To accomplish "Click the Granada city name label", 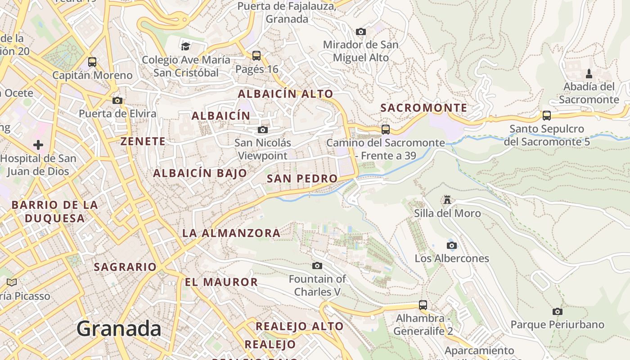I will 119,329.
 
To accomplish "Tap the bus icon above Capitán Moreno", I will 92,62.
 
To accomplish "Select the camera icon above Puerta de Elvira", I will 117,100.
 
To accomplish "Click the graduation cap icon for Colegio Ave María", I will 185,46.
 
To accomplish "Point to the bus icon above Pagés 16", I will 256,56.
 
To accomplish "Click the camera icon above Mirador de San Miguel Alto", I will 360,31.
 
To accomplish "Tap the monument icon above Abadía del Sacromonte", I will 589,74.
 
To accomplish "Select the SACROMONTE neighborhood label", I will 423,108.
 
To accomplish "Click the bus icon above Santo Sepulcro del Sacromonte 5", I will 546,116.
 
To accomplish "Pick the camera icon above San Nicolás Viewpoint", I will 263,130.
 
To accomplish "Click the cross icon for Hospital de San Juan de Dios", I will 38,145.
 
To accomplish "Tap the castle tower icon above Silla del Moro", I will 447,199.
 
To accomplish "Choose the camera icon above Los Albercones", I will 452,245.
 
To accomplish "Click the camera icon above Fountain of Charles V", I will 317,265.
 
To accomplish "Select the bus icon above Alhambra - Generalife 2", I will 423,305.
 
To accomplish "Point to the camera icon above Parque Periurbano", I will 557,311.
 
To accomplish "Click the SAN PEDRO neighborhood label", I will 302,179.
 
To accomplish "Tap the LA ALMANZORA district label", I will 231,233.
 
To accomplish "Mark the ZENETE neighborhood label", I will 143,141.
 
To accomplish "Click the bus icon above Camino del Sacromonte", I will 386,130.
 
